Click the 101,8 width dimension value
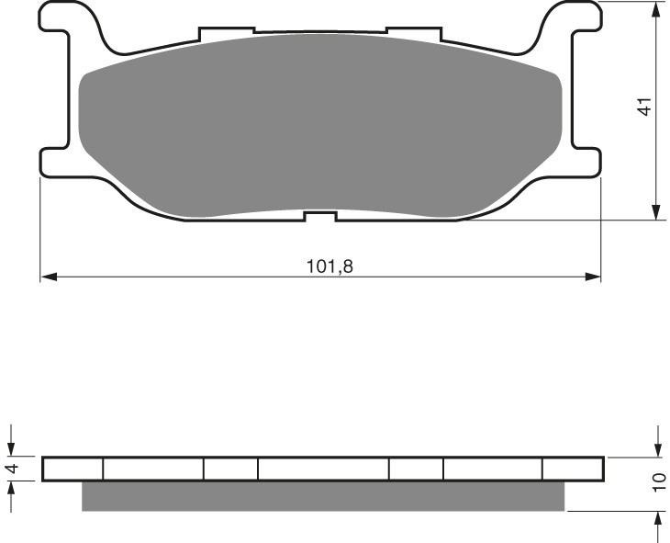329,266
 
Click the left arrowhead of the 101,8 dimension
47,276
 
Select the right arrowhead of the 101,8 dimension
594,276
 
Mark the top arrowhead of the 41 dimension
657,9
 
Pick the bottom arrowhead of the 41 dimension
657,213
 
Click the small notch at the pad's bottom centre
320,217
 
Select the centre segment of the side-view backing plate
323,469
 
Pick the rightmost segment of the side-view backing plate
573,469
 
